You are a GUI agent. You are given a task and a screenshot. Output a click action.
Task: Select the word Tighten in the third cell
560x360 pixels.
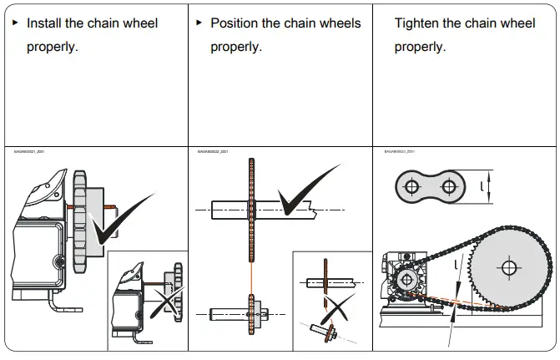[x=420, y=23]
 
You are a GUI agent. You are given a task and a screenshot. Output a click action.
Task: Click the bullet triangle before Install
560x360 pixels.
[x=14, y=22]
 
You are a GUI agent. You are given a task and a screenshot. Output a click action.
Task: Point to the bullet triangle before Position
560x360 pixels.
[x=199, y=22]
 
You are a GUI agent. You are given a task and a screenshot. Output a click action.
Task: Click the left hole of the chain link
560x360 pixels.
[x=411, y=187]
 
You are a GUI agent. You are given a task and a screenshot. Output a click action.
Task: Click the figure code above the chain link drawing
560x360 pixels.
[x=400, y=152]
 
